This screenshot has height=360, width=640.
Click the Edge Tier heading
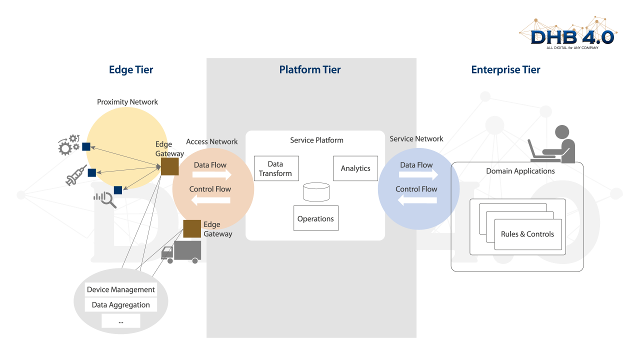point(131,70)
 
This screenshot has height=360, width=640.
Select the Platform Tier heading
point(310,70)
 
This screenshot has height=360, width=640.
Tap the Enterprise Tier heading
point(505,70)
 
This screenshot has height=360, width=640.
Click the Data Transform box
point(276,168)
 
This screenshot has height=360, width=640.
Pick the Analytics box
point(355,168)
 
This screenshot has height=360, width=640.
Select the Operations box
point(315,218)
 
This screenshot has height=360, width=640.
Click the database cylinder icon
point(316,192)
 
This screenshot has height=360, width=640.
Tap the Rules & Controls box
point(527,234)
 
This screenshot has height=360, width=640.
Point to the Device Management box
point(121,289)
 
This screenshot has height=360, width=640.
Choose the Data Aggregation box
point(121,305)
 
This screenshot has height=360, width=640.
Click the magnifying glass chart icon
point(105,199)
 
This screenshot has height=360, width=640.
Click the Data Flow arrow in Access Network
point(212,175)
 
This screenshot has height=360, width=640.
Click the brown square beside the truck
point(192,228)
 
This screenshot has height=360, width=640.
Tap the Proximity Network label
point(127,102)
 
